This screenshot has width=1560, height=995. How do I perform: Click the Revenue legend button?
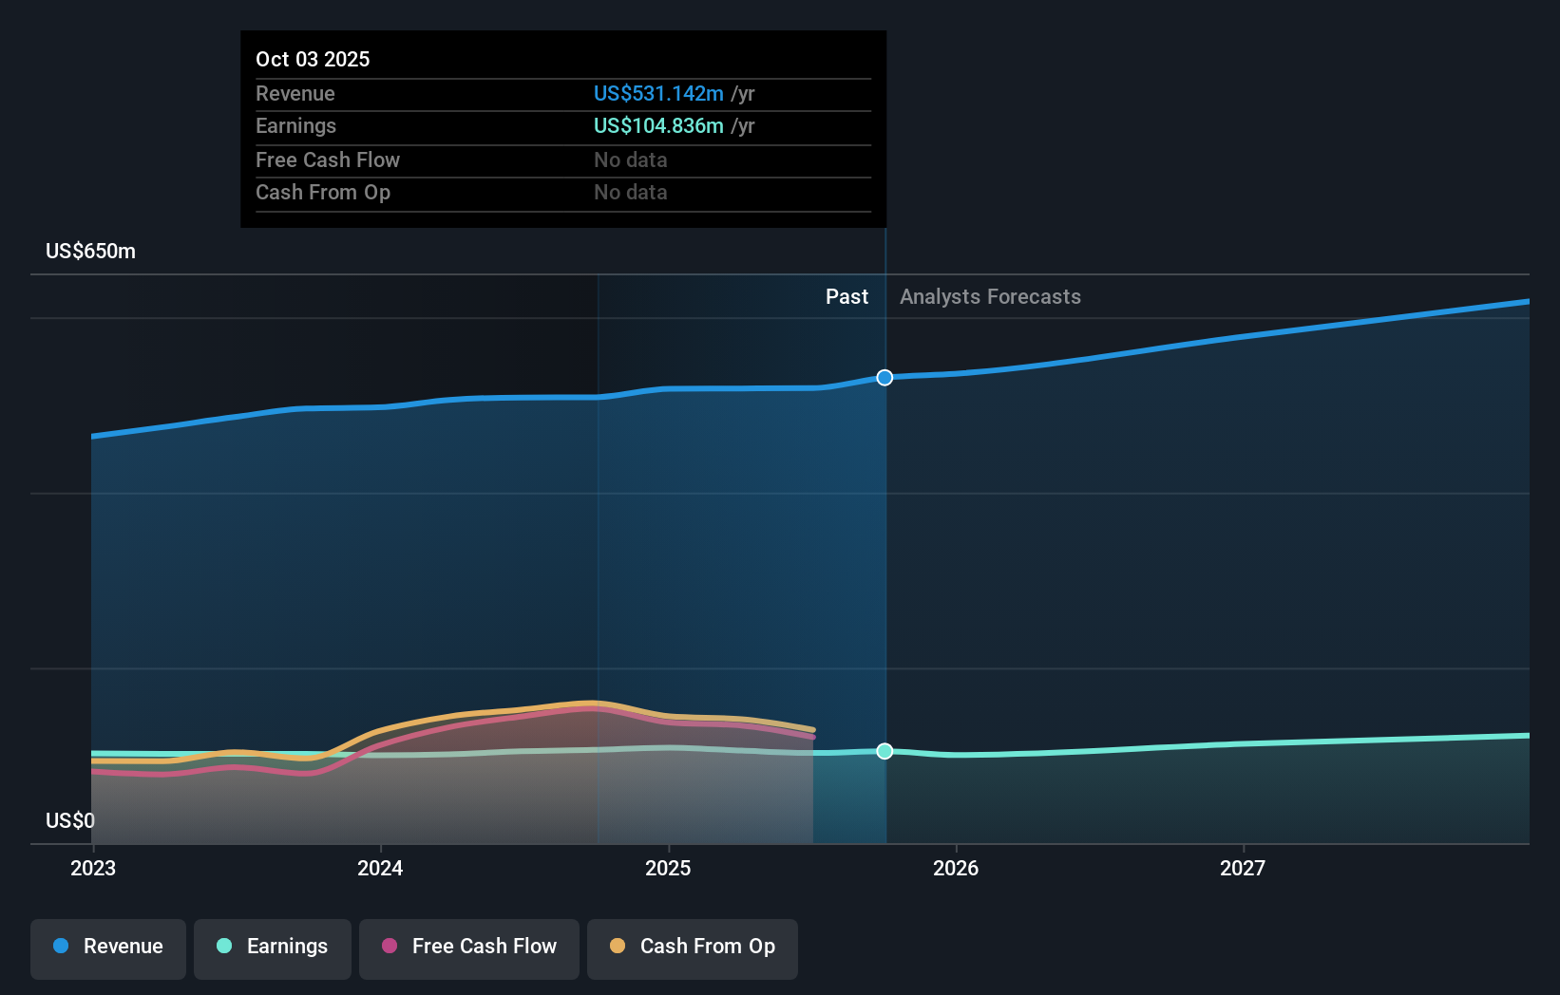coord(108,948)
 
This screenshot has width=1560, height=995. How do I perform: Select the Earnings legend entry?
coord(273,948)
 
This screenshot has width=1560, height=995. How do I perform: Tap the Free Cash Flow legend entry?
coord(469,948)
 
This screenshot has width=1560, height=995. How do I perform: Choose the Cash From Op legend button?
coord(693,948)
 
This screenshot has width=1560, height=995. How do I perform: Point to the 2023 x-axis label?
coord(93,868)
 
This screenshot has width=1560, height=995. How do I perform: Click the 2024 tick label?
coord(380,868)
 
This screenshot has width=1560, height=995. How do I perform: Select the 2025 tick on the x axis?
coord(668,868)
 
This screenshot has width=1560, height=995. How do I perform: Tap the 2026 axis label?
coord(956,868)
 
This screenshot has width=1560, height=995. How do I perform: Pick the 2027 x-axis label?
coord(1243,868)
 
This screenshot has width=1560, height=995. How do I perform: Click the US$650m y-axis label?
coord(91,252)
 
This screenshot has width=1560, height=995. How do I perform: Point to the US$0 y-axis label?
coord(70,820)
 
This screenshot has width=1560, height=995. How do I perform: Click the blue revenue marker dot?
coord(885,378)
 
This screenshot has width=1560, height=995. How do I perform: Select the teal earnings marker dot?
coord(885,751)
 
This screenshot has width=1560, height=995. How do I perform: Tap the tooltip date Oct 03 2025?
coord(313,59)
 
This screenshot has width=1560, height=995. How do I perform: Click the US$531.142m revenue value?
coord(658,94)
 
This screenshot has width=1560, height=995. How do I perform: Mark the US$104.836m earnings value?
coord(658,126)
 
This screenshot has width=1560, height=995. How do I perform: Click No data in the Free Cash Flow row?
coord(631,160)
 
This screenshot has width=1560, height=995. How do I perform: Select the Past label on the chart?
coord(847,297)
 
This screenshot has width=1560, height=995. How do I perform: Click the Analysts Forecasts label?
coord(990,297)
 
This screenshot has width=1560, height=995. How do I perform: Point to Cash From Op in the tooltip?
coord(323,193)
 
